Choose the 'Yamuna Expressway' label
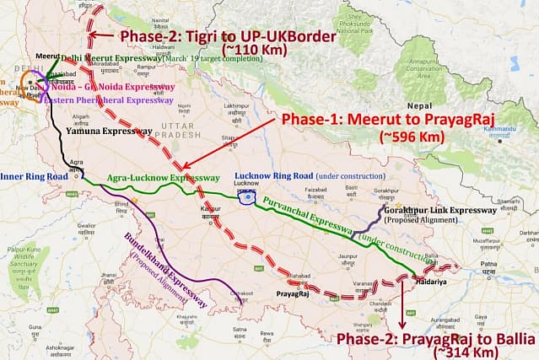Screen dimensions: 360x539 point(100,132)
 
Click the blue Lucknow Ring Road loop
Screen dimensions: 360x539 point(247,196)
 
